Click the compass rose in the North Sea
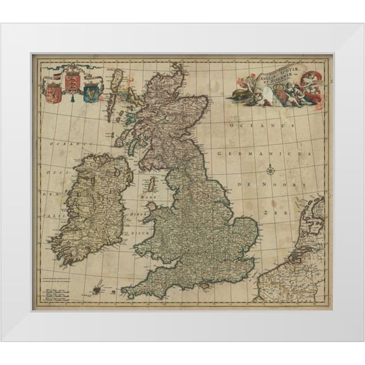click(x=271, y=169)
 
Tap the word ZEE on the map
click(x=276, y=214)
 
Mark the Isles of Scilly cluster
click(x=96, y=291)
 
